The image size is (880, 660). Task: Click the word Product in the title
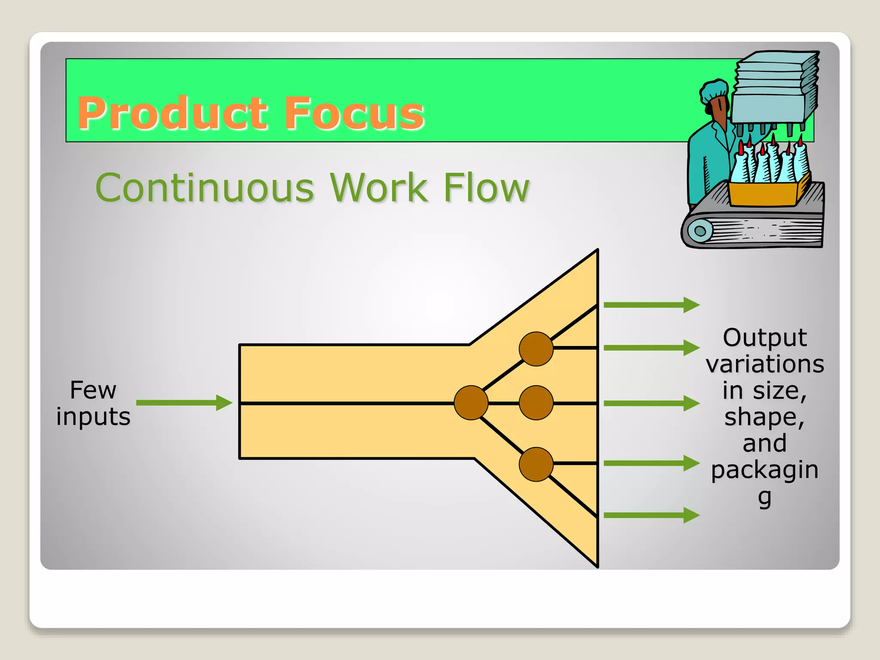[174, 113]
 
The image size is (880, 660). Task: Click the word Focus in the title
[354, 113]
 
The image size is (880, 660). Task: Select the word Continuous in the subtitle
[205, 188]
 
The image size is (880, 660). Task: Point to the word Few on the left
[93, 390]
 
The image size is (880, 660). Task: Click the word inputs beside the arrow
[93, 417]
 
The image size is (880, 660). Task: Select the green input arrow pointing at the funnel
[184, 403]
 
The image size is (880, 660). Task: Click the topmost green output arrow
[651, 305]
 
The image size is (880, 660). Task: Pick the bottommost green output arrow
[651, 515]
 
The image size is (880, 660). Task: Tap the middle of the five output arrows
[651, 403]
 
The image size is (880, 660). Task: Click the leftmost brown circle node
[471, 403]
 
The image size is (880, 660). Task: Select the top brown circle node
[536, 349]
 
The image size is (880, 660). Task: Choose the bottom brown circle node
[536, 464]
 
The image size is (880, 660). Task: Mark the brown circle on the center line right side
[536, 403]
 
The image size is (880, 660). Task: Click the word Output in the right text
[765, 338]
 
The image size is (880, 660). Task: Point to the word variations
[765, 364]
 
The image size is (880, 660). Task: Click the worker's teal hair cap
[714, 90]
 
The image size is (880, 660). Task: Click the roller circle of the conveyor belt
[700, 231]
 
